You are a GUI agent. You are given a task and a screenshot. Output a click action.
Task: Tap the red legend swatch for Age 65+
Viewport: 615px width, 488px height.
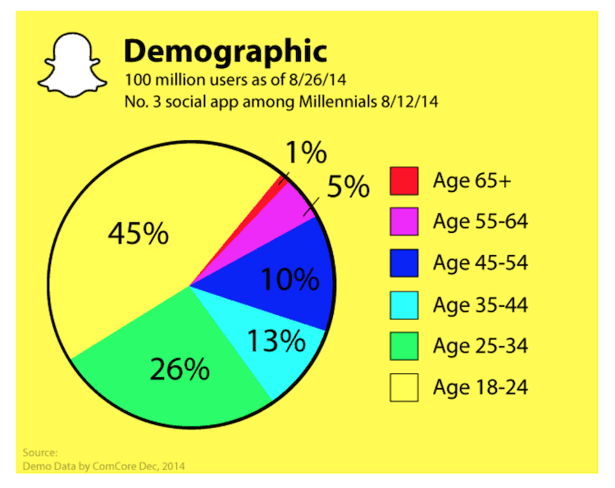click(x=403, y=181)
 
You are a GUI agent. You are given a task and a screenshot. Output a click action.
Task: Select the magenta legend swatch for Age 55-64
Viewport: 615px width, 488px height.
click(x=403, y=222)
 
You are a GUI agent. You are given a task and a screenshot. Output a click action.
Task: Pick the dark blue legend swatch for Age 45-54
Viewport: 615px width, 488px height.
click(x=403, y=263)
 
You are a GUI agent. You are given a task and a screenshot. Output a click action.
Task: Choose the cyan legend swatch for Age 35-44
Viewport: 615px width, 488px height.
click(x=403, y=305)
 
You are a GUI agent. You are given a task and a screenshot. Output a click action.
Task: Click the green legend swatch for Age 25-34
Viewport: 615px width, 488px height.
click(x=403, y=345)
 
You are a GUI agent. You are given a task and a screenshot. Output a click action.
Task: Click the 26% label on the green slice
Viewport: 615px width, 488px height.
click(x=180, y=370)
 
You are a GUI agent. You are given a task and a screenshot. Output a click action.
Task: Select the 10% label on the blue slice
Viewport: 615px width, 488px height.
click(x=289, y=280)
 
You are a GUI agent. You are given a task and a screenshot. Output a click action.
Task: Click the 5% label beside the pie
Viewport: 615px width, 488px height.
click(x=348, y=189)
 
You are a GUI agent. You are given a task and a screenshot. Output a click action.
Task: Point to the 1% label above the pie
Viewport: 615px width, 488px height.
click(x=307, y=154)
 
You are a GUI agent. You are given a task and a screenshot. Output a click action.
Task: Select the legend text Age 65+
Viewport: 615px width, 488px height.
click(x=471, y=181)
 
